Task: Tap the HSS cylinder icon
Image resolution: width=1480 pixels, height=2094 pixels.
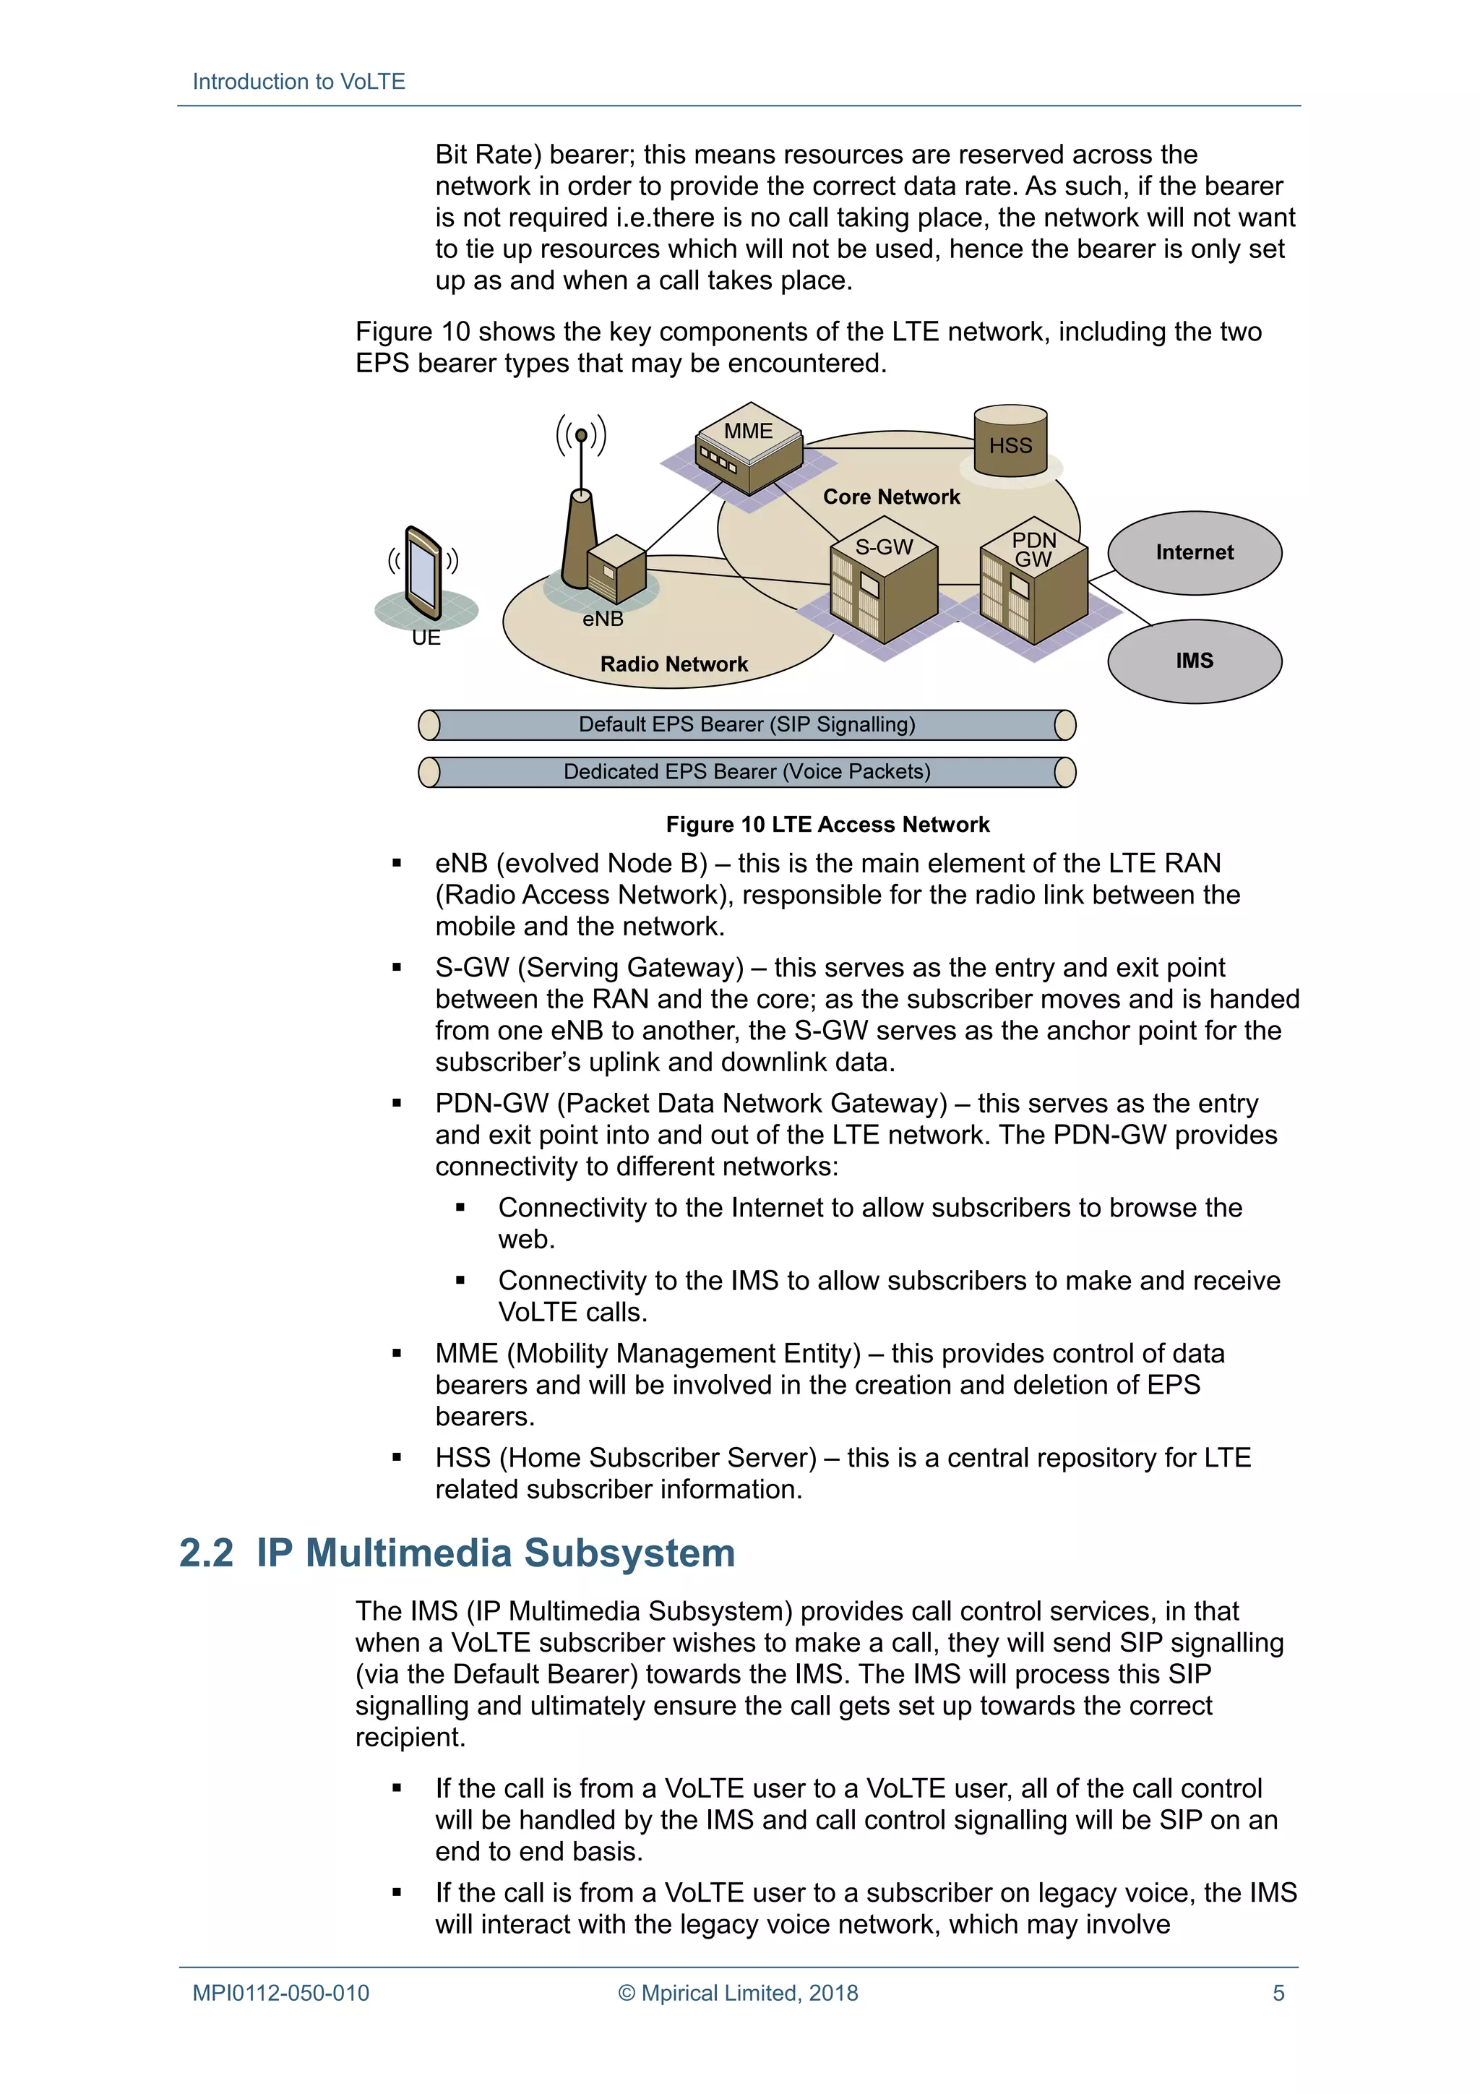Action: [1010, 442]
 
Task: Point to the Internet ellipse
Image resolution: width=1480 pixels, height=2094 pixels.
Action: [1194, 553]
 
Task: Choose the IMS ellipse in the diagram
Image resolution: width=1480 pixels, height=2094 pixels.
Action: [1194, 661]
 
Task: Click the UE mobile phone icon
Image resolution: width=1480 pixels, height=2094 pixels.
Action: [424, 572]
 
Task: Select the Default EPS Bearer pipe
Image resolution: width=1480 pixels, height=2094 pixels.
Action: [746, 725]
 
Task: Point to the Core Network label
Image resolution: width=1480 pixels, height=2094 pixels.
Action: [891, 497]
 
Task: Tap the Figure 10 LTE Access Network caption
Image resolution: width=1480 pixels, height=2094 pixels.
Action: [827, 825]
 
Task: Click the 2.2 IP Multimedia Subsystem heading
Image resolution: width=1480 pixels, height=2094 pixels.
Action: [457, 1553]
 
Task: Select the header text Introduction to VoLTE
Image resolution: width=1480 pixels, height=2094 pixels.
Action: [298, 82]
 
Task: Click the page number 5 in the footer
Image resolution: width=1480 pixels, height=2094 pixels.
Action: [1278, 1993]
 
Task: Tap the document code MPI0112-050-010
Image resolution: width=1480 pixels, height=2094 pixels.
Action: [281, 1993]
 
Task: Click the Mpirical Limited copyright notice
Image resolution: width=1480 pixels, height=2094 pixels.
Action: [738, 1993]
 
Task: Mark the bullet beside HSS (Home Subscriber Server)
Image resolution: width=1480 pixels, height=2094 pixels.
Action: [397, 1457]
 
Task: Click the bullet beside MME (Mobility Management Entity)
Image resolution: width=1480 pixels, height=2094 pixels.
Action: [397, 1353]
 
